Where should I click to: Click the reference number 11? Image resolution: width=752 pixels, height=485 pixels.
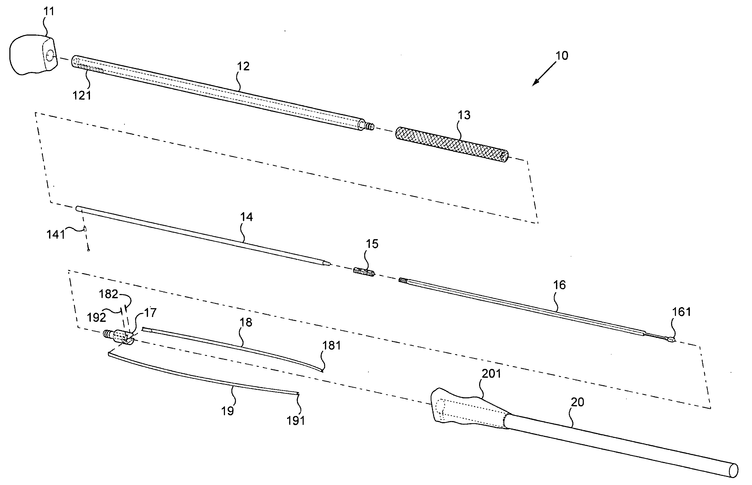pos(48,12)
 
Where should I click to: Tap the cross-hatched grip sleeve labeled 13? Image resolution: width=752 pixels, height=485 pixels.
pos(452,144)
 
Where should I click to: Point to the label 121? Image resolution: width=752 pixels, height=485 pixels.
pos(82,95)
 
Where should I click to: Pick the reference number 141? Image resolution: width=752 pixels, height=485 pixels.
pos(55,234)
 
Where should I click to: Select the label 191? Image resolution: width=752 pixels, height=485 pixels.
pos(295,421)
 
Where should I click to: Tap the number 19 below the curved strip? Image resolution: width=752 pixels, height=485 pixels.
pos(227,411)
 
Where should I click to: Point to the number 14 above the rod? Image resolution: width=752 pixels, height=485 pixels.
pos(246,217)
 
